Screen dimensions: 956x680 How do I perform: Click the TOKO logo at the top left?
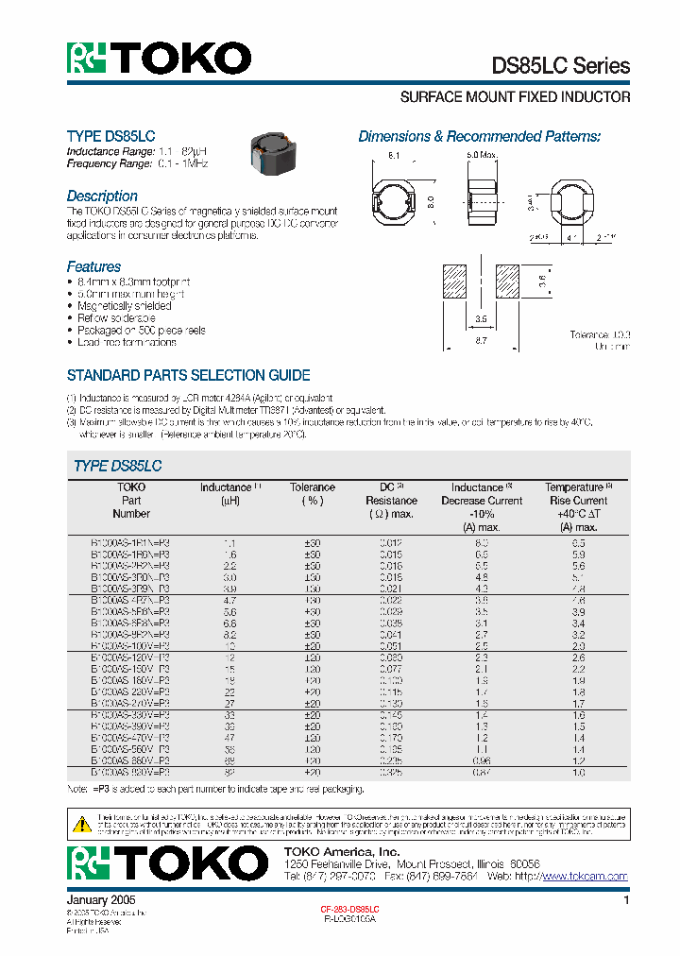click(159, 59)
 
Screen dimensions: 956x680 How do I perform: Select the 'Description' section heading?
click(102, 196)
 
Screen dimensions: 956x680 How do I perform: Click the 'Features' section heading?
click(93, 266)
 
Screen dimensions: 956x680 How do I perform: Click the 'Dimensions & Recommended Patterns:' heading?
click(479, 136)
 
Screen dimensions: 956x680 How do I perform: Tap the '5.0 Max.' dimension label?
click(482, 153)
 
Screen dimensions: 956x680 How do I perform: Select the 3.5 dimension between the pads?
click(481, 319)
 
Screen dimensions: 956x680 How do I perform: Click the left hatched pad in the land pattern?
click(455, 282)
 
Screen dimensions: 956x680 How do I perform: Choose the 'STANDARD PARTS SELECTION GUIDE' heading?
click(188, 375)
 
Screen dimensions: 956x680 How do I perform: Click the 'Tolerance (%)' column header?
click(313, 494)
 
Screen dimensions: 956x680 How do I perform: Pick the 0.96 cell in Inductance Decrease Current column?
click(481, 760)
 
